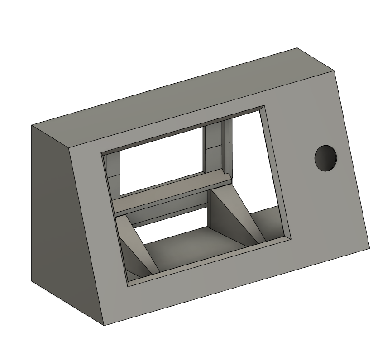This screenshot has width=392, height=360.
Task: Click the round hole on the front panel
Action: click(x=326, y=158)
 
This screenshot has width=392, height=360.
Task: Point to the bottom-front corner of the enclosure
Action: click(x=104, y=325)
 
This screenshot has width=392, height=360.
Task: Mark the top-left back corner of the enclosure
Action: click(x=31, y=125)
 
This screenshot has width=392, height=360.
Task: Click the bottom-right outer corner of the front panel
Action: click(x=369, y=247)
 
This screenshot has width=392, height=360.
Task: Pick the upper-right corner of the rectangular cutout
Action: click(x=264, y=107)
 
